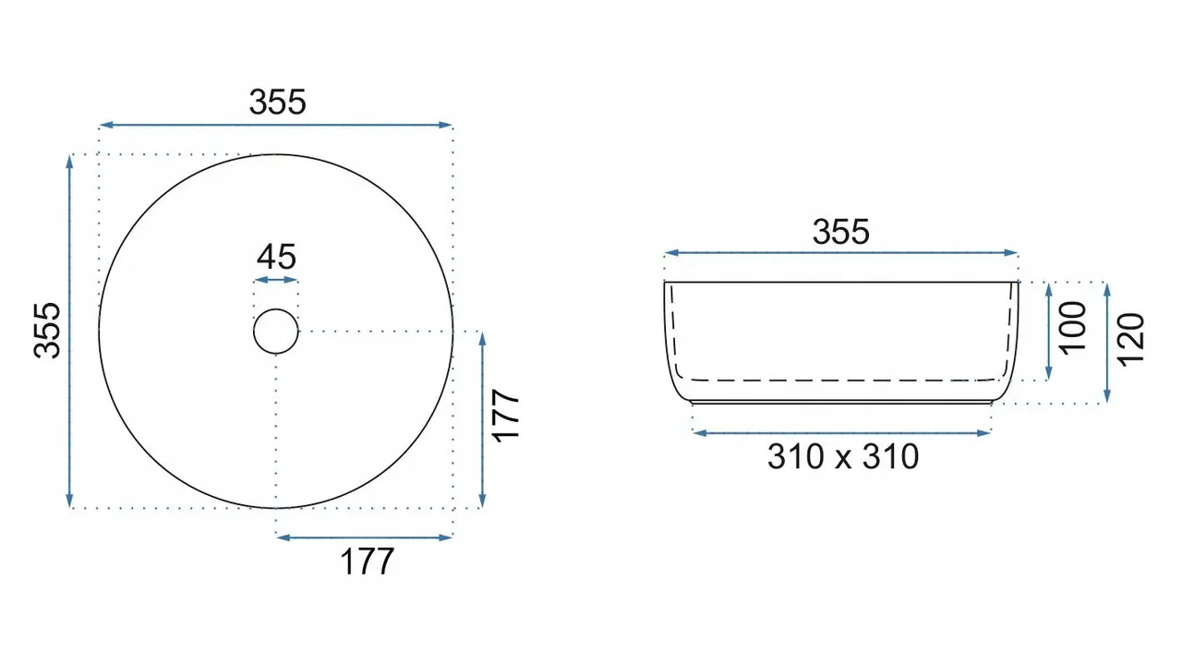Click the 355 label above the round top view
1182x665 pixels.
[x=277, y=103]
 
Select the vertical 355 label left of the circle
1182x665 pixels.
[x=47, y=330]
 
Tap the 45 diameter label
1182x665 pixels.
[x=276, y=256]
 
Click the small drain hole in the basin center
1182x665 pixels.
[x=276, y=332]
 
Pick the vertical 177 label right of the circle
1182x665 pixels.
[x=507, y=417]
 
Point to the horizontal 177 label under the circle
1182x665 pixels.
[x=368, y=561]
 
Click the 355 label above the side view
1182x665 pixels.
[x=840, y=232]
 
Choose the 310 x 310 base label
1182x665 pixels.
[x=842, y=456]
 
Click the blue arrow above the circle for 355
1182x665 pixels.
[x=276, y=125]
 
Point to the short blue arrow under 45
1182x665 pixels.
[x=276, y=279]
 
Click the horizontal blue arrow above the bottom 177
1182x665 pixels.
[x=364, y=537]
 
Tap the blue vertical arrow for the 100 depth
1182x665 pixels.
[x=1049, y=332]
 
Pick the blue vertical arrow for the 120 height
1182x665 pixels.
[x=1107, y=343]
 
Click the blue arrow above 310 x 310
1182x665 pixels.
[x=841, y=432]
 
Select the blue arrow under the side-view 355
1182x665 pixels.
[x=841, y=253]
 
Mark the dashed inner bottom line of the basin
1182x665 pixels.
[x=840, y=380]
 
